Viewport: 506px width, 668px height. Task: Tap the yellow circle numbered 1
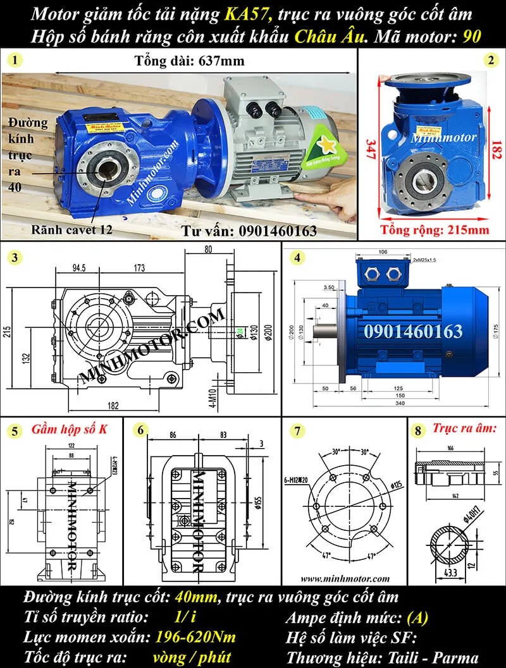[x=14, y=61]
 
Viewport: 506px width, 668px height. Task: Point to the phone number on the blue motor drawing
[x=413, y=331]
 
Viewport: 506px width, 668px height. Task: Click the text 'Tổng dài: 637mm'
[x=189, y=61]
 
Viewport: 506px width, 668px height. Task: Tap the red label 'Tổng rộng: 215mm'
[x=435, y=229]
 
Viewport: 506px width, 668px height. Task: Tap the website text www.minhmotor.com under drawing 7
[x=345, y=578]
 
